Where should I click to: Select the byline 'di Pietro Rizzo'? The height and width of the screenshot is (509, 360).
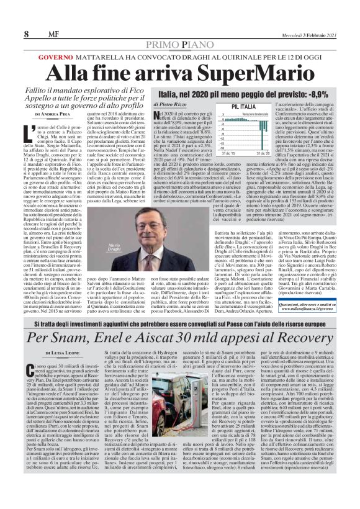[x=168, y=106]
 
